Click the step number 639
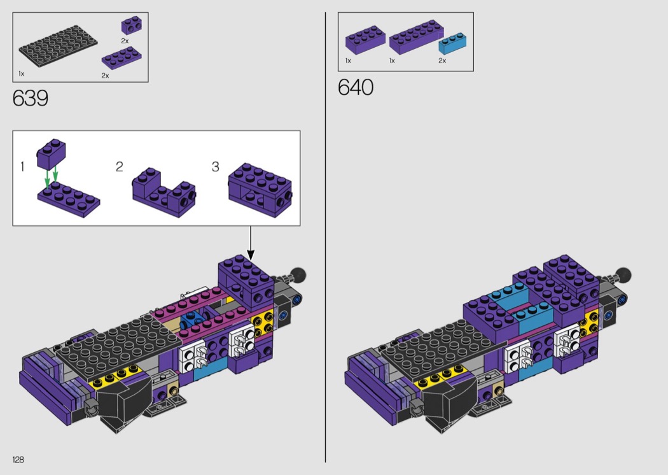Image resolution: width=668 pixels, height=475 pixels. tap(31, 99)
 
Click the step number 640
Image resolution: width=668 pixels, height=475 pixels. tap(356, 87)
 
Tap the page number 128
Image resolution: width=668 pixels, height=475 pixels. tap(18, 459)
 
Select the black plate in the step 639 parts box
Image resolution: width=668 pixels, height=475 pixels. tap(58, 46)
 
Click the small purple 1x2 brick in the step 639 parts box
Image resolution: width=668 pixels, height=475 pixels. tap(132, 25)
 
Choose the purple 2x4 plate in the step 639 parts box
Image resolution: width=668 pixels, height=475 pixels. tap(122, 59)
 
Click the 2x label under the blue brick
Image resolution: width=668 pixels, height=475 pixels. tap(442, 61)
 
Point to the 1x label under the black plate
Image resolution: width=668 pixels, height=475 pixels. tap(21, 74)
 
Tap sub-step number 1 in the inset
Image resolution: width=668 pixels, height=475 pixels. tap(22, 166)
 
